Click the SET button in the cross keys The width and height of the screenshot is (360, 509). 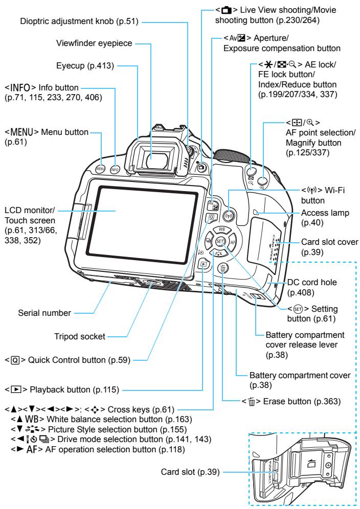[220, 242]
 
